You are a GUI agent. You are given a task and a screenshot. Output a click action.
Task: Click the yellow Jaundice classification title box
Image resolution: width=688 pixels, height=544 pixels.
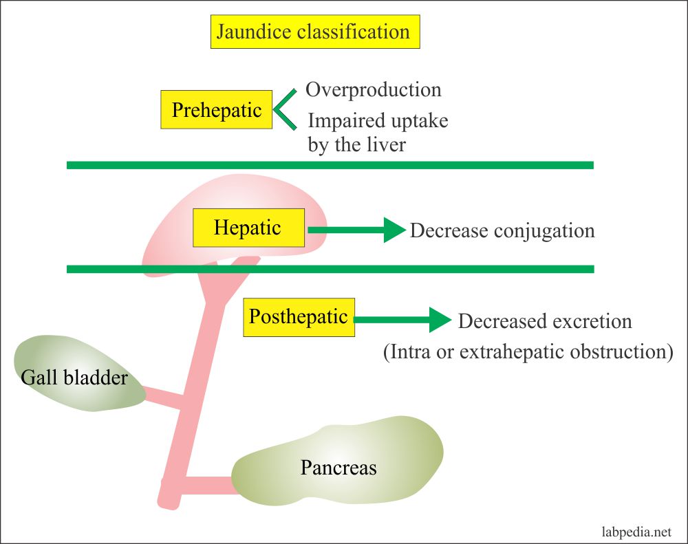click(314, 32)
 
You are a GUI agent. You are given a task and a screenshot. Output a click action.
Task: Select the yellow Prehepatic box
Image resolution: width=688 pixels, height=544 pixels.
click(217, 110)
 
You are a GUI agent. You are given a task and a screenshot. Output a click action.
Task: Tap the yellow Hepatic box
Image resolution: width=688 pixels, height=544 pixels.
click(248, 228)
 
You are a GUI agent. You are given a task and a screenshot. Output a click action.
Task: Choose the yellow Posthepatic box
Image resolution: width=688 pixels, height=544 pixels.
click(299, 317)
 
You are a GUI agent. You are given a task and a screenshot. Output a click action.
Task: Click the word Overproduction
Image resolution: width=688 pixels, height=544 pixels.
click(373, 90)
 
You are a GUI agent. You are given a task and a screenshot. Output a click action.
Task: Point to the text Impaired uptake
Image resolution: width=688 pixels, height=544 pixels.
click(378, 121)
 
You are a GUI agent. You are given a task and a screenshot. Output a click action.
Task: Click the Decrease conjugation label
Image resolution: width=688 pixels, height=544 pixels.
click(502, 230)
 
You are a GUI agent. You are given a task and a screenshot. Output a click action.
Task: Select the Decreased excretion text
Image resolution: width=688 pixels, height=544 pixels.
click(544, 321)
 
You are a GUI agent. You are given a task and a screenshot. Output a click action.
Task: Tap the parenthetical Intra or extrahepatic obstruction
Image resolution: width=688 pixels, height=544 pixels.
click(527, 352)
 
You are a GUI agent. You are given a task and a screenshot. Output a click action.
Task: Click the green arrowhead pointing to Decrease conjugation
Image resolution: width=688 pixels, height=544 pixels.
click(394, 230)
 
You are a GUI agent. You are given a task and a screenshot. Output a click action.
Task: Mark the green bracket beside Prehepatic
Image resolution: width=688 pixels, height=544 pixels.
click(283, 109)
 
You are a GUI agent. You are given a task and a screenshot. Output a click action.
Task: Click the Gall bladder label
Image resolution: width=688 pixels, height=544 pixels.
click(74, 377)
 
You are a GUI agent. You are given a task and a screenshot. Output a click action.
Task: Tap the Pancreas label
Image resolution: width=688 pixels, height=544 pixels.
click(338, 468)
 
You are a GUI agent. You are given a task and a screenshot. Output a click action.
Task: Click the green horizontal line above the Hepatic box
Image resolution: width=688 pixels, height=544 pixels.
click(330, 165)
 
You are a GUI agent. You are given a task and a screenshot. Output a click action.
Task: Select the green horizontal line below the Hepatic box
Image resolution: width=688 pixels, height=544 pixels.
click(330, 269)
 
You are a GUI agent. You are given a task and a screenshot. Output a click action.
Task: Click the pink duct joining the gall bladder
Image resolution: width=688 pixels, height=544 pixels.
click(164, 397)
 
